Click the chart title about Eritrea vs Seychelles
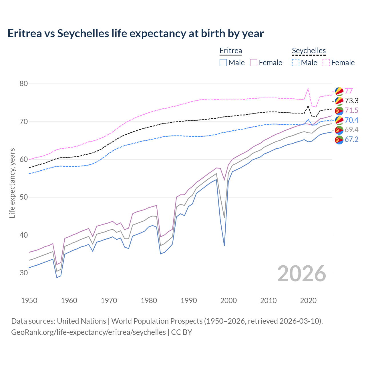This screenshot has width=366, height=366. coord(136,33)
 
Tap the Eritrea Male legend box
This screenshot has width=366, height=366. coord(223,63)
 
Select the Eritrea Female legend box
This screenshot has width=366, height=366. coord(254,63)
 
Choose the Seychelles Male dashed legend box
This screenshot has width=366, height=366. coord(296,63)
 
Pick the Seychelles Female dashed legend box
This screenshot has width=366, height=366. coord(326,63)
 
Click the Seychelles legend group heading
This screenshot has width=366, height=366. coord(309,51)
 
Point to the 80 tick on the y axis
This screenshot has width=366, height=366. coord(24,84)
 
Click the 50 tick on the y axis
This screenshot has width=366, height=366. coord(24,197)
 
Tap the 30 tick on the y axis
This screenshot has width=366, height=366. coord(24,273)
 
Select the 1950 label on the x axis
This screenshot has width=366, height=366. coord(29,301)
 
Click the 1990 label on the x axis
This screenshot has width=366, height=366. coord(189,301)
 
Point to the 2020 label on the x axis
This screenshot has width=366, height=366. coord(308,301)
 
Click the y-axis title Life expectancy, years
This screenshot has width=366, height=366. coord(12,183)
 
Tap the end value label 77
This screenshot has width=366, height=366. coord(349,91)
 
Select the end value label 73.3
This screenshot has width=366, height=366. coord(351,101)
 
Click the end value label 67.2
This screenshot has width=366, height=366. coord(351,140)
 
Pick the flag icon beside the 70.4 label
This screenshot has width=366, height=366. coord(339,120)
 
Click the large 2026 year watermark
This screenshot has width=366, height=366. coord(302,274)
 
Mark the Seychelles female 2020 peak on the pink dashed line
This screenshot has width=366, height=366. coord(308,89)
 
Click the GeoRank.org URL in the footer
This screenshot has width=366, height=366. coord(88,332)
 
